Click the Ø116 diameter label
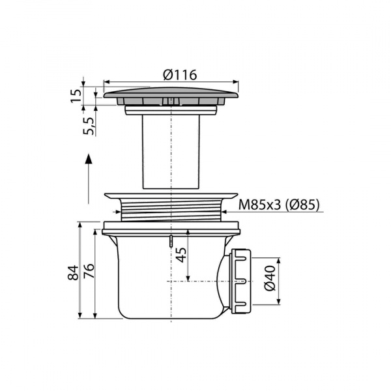coord(180,75)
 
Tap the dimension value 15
coord(76,96)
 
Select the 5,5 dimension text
coord(89,126)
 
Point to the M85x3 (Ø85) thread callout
coord(279,205)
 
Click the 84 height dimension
coord(73,272)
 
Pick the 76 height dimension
coord(89,271)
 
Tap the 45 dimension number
coord(181,255)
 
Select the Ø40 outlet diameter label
coord(270,278)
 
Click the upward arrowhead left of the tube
coord(89,159)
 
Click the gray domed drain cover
coord(171,93)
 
